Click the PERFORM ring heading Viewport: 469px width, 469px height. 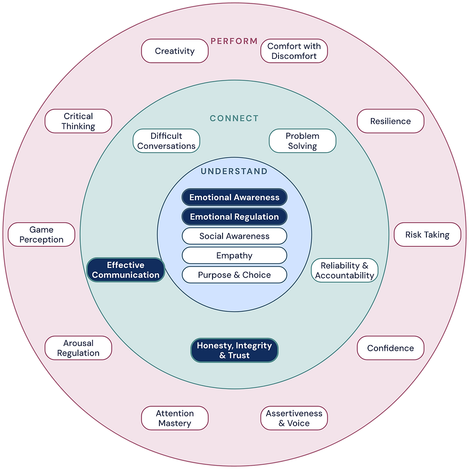pos(234,41)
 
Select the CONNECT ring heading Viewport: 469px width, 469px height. pos(234,118)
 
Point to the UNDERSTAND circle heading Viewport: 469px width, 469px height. pos(234,171)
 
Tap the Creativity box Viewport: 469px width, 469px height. pos(175,51)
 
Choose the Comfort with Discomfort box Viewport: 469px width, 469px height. pos(294,51)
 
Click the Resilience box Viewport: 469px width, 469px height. pos(391,121)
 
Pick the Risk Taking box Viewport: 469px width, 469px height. pos(427,234)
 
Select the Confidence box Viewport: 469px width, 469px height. pos(391,348)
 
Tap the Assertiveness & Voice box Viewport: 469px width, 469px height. pos(294,418)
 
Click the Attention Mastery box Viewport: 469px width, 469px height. pos(175,418)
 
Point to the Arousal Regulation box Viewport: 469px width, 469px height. pos(78,348)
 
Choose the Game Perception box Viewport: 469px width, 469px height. pos(41,234)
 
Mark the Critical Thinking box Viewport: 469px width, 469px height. pos(78,121)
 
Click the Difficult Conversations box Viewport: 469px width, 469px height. pos(167,141)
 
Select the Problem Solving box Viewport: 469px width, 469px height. pos(302,141)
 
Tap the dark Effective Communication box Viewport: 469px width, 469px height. pos(125,270)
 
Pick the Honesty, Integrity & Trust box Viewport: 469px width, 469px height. pos(234,350)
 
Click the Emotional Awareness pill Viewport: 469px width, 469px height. pos(234,197)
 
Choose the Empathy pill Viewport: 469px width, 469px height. pos(234,256)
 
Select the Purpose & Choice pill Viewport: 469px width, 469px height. pos(234,275)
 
